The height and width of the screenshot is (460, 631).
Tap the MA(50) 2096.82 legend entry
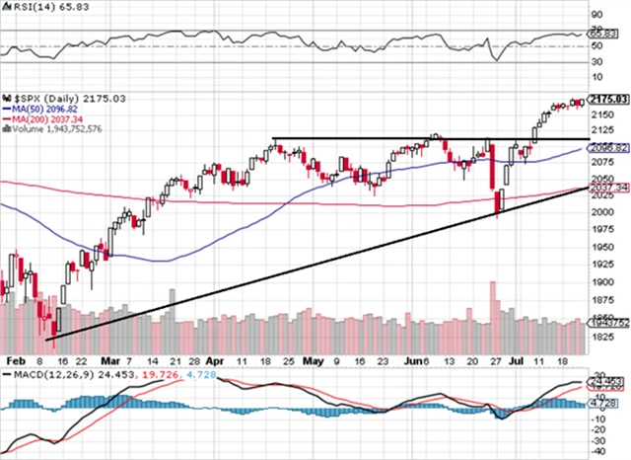click(47, 110)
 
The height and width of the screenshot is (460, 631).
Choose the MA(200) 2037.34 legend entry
click(50, 118)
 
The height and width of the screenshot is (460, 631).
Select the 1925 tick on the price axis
click(600, 267)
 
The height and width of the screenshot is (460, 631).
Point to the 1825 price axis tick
click(600, 337)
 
